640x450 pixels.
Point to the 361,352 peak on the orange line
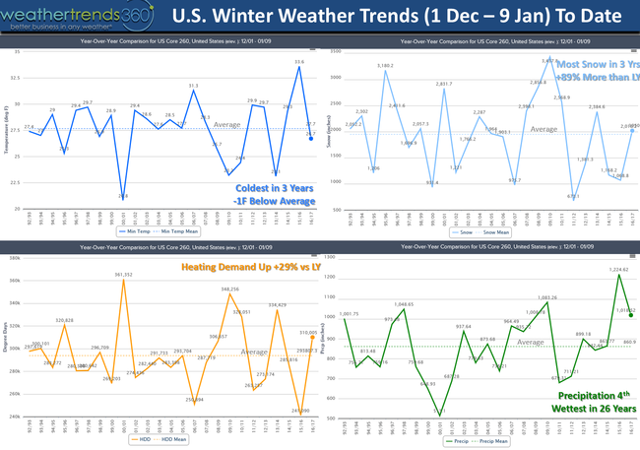click(x=122, y=280)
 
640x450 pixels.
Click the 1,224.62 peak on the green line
click(x=619, y=275)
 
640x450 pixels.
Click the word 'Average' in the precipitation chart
click(x=533, y=342)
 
